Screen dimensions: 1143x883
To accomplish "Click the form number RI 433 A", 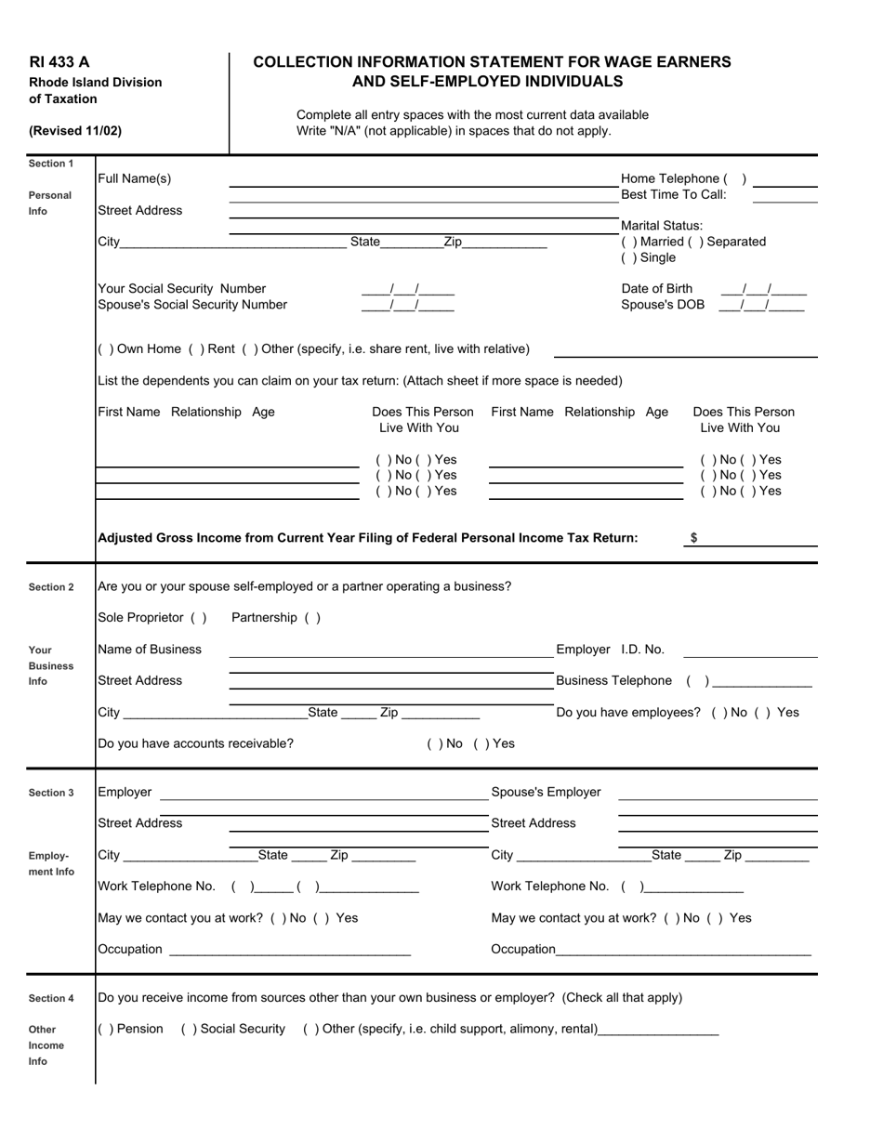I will click(59, 62).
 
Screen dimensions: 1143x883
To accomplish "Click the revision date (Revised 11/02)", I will click(75, 131).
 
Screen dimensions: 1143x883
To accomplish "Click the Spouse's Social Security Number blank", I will click(407, 305).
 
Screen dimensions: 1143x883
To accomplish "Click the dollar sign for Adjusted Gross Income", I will click(694, 538).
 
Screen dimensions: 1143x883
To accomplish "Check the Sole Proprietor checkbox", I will click(198, 618).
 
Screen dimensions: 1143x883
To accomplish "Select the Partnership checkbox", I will click(311, 618).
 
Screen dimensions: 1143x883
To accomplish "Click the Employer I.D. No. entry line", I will click(749, 651).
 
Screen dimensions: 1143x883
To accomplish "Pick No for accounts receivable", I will click(434, 743).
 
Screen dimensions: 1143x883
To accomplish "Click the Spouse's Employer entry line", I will click(718, 795).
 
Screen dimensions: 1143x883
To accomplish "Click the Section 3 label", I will click(51, 793).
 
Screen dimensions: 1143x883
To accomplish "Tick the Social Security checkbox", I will click(189, 1029).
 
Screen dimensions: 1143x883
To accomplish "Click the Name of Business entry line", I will click(390, 651).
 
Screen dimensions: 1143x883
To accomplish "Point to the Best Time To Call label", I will click(673, 194).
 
